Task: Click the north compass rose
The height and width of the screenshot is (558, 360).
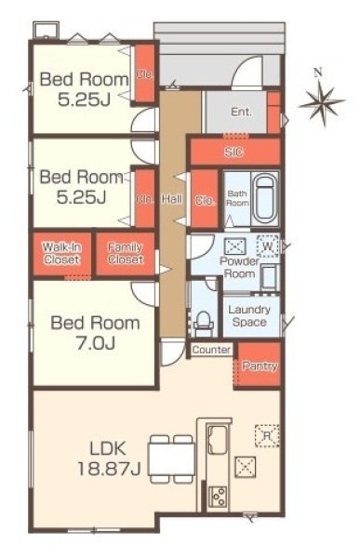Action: [322, 100]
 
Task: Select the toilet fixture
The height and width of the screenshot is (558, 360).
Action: [204, 323]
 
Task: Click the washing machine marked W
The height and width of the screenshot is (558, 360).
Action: [267, 246]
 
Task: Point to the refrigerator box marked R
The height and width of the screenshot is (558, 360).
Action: [267, 435]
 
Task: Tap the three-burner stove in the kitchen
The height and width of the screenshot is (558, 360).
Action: [218, 496]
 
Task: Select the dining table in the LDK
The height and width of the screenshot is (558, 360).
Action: [172, 458]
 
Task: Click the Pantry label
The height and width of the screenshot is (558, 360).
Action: [260, 365]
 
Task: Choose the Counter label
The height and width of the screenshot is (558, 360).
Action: [211, 350]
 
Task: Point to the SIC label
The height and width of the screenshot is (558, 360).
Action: [233, 153]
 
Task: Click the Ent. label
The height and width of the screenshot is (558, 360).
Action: [242, 113]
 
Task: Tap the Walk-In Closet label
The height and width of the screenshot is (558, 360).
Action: [62, 253]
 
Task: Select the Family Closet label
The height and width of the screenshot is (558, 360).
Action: [126, 253]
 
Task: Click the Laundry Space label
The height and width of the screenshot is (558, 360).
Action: [249, 316]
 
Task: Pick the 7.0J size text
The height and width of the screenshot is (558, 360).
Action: [96, 343]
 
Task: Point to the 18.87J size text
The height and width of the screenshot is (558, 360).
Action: [110, 469]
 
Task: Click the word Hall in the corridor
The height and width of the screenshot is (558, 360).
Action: [172, 199]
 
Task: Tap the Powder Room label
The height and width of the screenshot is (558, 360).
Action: [239, 267]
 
